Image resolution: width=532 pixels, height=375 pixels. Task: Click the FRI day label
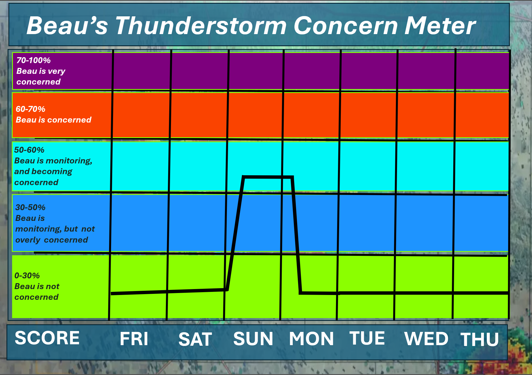pos(134,339)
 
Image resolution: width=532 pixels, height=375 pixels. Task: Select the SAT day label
pos(195,339)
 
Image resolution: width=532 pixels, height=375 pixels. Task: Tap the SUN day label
pos(253,339)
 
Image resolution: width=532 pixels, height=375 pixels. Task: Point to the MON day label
pos(311,339)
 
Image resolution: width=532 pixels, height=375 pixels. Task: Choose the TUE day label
pos(367,338)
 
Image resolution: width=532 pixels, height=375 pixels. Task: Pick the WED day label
pos(426,339)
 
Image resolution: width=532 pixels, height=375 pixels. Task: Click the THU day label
pos(480,340)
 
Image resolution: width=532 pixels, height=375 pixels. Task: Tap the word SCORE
pos(47,338)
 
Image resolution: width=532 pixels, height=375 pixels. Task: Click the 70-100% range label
pos(33,60)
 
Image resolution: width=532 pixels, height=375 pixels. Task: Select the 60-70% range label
pos(30,109)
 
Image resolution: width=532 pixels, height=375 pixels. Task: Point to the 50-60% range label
pos(29,150)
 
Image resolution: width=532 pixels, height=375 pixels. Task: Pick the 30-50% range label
pos(30,207)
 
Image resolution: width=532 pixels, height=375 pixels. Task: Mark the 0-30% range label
pos(27,276)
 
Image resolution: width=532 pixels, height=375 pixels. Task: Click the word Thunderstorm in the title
pos(201,26)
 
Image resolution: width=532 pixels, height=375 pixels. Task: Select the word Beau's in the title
pos(67,26)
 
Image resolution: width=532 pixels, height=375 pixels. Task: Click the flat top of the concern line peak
pos(268,177)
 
